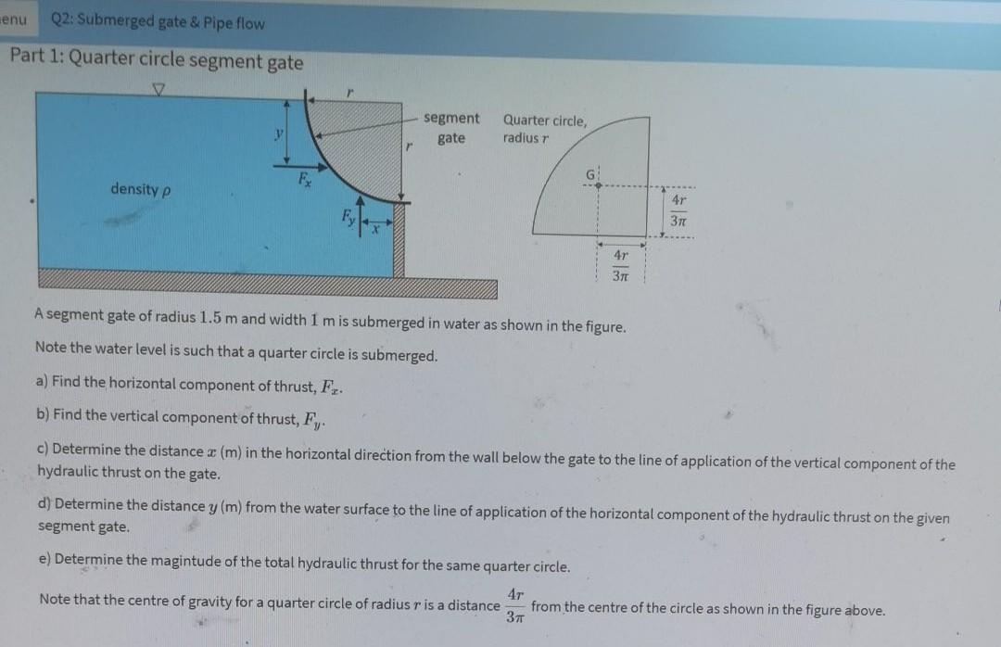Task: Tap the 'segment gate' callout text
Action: (451, 128)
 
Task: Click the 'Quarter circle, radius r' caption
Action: (544, 129)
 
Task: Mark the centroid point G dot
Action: (599, 184)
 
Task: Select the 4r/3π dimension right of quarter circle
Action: (678, 209)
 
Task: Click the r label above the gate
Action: (349, 91)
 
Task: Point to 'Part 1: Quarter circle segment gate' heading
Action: (157, 62)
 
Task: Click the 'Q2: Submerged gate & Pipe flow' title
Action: (158, 22)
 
